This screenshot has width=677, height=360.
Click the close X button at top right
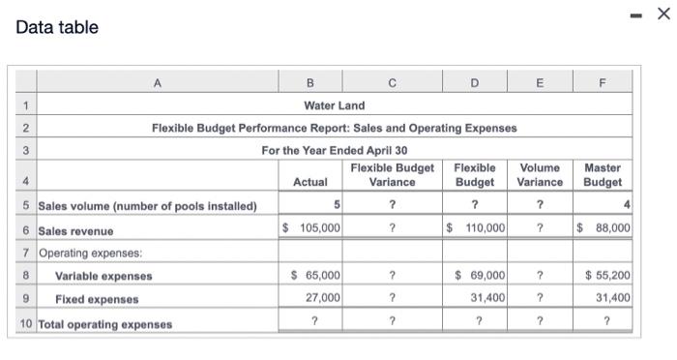(x=662, y=14)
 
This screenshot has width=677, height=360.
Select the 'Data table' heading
(x=57, y=27)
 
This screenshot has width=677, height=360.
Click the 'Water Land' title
(x=334, y=105)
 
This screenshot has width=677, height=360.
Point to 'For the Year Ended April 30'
(x=334, y=150)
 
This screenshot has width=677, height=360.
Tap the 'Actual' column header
(x=309, y=182)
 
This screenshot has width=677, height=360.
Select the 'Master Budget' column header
(x=603, y=175)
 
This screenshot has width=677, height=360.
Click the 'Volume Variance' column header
(x=540, y=175)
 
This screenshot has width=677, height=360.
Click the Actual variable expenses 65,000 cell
(x=315, y=276)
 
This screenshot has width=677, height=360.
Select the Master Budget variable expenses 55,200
(x=607, y=276)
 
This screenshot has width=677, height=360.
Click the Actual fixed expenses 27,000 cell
(x=320, y=299)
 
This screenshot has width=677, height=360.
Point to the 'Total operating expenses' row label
(x=104, y=324)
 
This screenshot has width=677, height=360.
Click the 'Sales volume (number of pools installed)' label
(x=147, y=206)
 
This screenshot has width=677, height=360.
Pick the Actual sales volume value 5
(x=336, y=205)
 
